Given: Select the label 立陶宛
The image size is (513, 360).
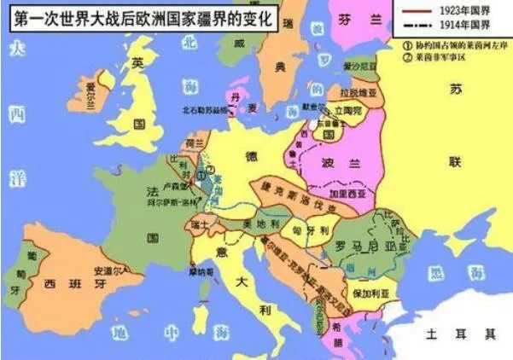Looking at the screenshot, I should coord(348,111).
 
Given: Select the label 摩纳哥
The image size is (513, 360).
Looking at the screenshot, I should coord(202,273).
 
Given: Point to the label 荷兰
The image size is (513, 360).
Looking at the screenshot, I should coord(194,143).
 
